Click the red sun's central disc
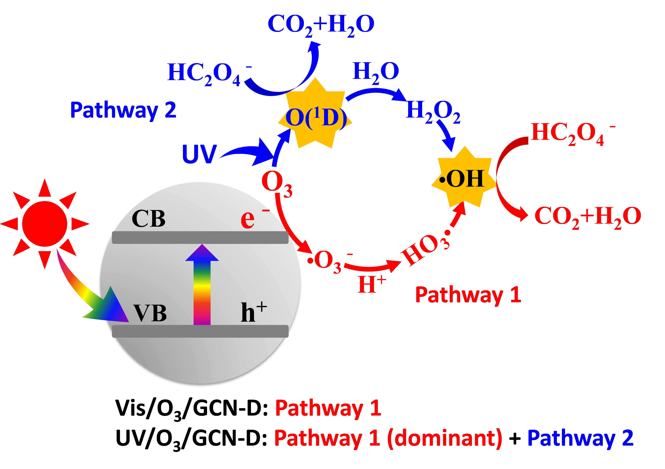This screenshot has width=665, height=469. click(45, 224)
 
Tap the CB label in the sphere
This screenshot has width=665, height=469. click(148, 218)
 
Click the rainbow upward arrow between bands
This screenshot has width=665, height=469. click(202, 285)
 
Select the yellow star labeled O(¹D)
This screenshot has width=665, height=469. click(315, 116)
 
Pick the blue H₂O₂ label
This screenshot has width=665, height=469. click(433, 112)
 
